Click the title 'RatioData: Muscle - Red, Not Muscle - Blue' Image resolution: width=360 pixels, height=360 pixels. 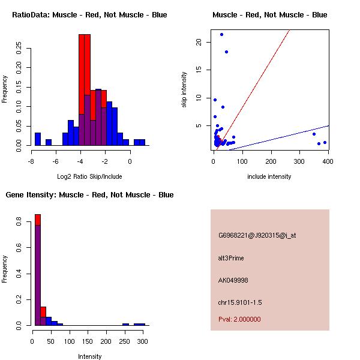[89, 14]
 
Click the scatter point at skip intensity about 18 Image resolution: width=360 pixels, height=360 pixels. [226, 52]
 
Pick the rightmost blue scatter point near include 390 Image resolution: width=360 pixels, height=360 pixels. [325, 142]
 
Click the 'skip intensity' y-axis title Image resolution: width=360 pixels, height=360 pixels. [184, 90]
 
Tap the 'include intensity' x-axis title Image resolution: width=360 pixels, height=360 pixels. [269, 176]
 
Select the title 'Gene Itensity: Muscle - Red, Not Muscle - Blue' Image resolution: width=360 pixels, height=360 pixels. [89, 195]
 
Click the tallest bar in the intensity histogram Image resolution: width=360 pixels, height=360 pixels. [37, 270]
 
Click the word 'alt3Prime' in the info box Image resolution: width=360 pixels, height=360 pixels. [231, 258]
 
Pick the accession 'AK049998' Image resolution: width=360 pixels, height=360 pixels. [233, 280]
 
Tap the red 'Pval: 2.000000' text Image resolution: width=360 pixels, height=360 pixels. [239, 319]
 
